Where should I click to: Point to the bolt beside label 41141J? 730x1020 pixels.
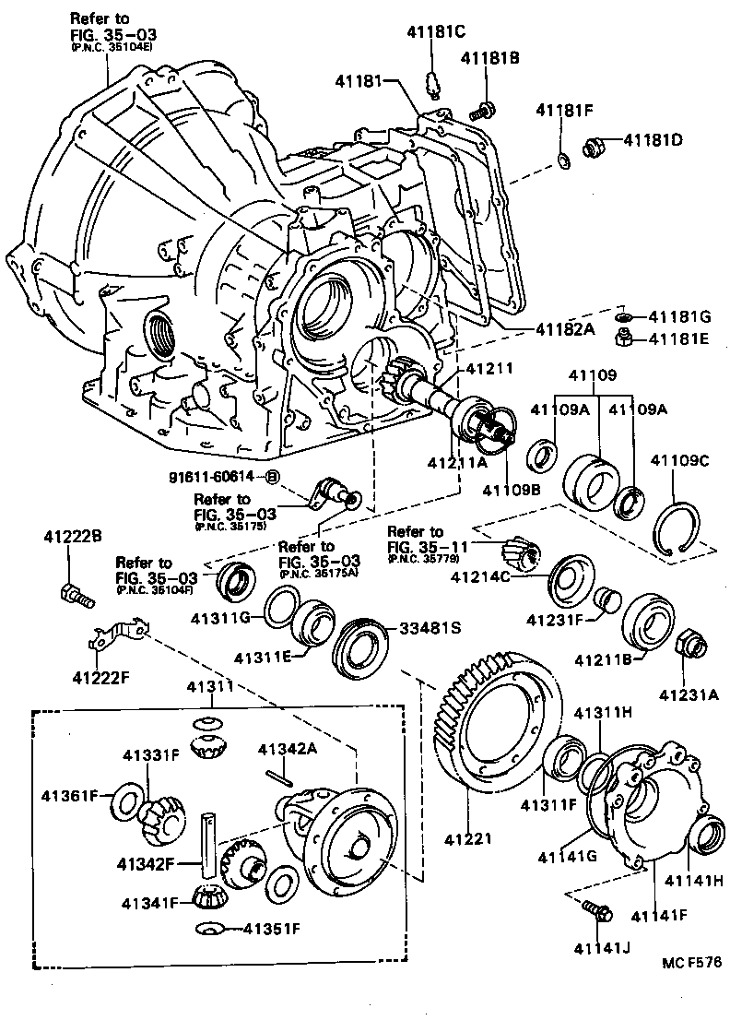pyautogui.click(x=597, y=912)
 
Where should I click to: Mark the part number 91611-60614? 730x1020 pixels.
pyautogui.click(x=215, y=477)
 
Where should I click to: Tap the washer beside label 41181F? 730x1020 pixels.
pyautogui.click(x=563, y=163)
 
